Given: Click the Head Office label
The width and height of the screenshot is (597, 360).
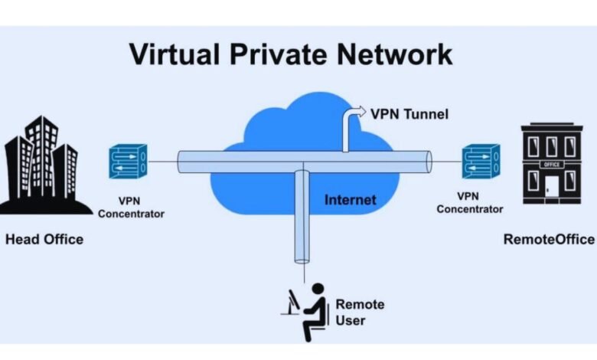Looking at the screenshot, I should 44,240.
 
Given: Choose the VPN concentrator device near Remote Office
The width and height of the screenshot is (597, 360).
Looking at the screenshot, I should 481,162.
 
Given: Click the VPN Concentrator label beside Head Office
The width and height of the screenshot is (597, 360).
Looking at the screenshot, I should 131,208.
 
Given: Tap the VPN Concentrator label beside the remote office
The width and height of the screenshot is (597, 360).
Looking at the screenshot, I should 470,202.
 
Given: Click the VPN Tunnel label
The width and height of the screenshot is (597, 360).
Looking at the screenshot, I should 409,115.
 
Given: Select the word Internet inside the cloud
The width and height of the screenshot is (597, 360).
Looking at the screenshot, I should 351,200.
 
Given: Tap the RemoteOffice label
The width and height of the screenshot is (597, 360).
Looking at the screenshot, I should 549,240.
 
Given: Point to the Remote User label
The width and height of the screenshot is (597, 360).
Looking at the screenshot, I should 360,312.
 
